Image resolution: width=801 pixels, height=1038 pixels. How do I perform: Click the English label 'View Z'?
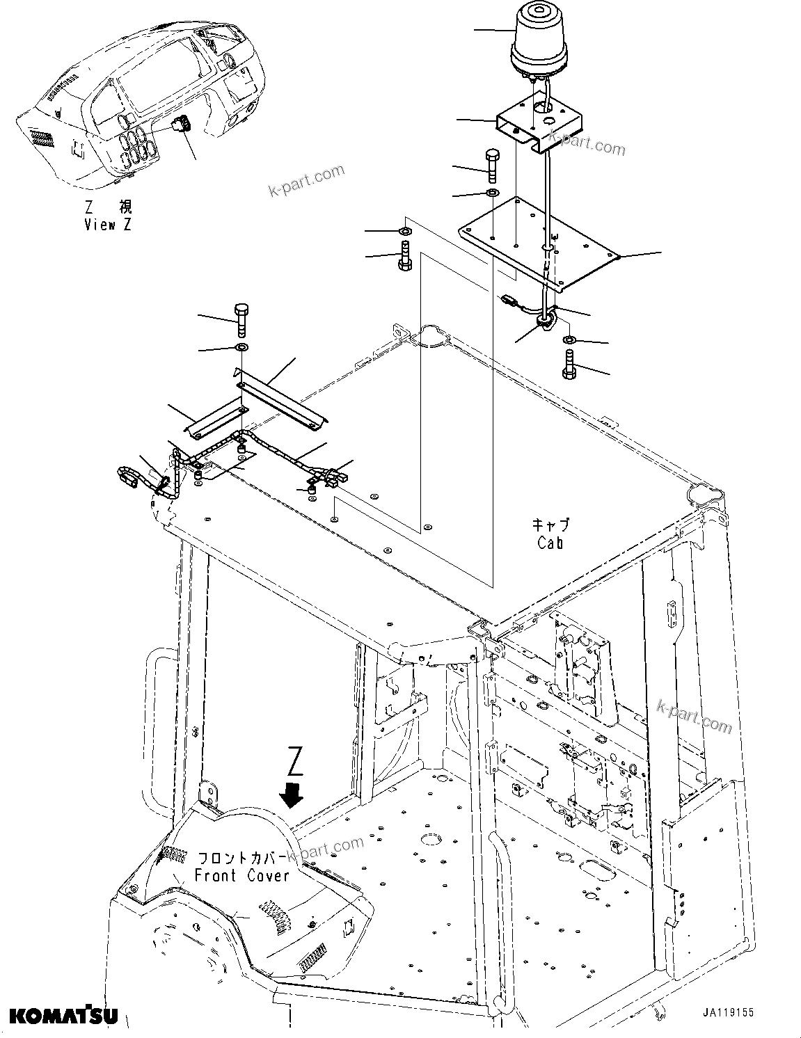pyautogui.click(x=107, y=224)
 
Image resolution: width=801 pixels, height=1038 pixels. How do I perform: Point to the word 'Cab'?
pyautogui.click(x=550, y=543)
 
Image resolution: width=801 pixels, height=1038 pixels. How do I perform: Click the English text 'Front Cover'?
pyautogui.click(x=241, y=875)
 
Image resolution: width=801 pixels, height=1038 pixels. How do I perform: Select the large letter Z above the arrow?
pyautogui.click(x=295, y=761)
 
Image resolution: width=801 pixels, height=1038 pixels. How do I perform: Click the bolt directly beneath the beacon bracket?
pyautogui.click(x=492, y=165)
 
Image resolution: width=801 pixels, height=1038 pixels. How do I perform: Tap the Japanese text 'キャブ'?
pyautogui.click(x=550, y=525)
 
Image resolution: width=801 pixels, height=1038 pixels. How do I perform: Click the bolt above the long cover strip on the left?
pyautogui.click(x=242, y=319)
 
